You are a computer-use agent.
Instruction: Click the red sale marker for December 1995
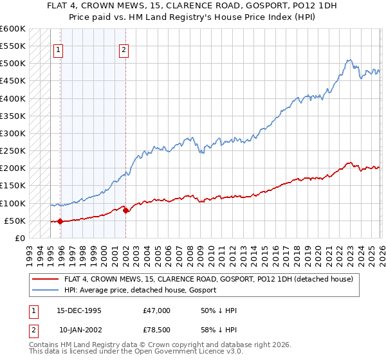(60, 222)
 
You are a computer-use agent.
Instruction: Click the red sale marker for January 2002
(125, 210)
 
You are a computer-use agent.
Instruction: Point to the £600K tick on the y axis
(13, 29)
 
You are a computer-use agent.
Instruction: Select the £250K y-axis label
(13, 151)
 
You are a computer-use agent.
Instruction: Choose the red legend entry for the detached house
(208, 280)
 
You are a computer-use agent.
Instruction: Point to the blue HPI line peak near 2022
(348, 60)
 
